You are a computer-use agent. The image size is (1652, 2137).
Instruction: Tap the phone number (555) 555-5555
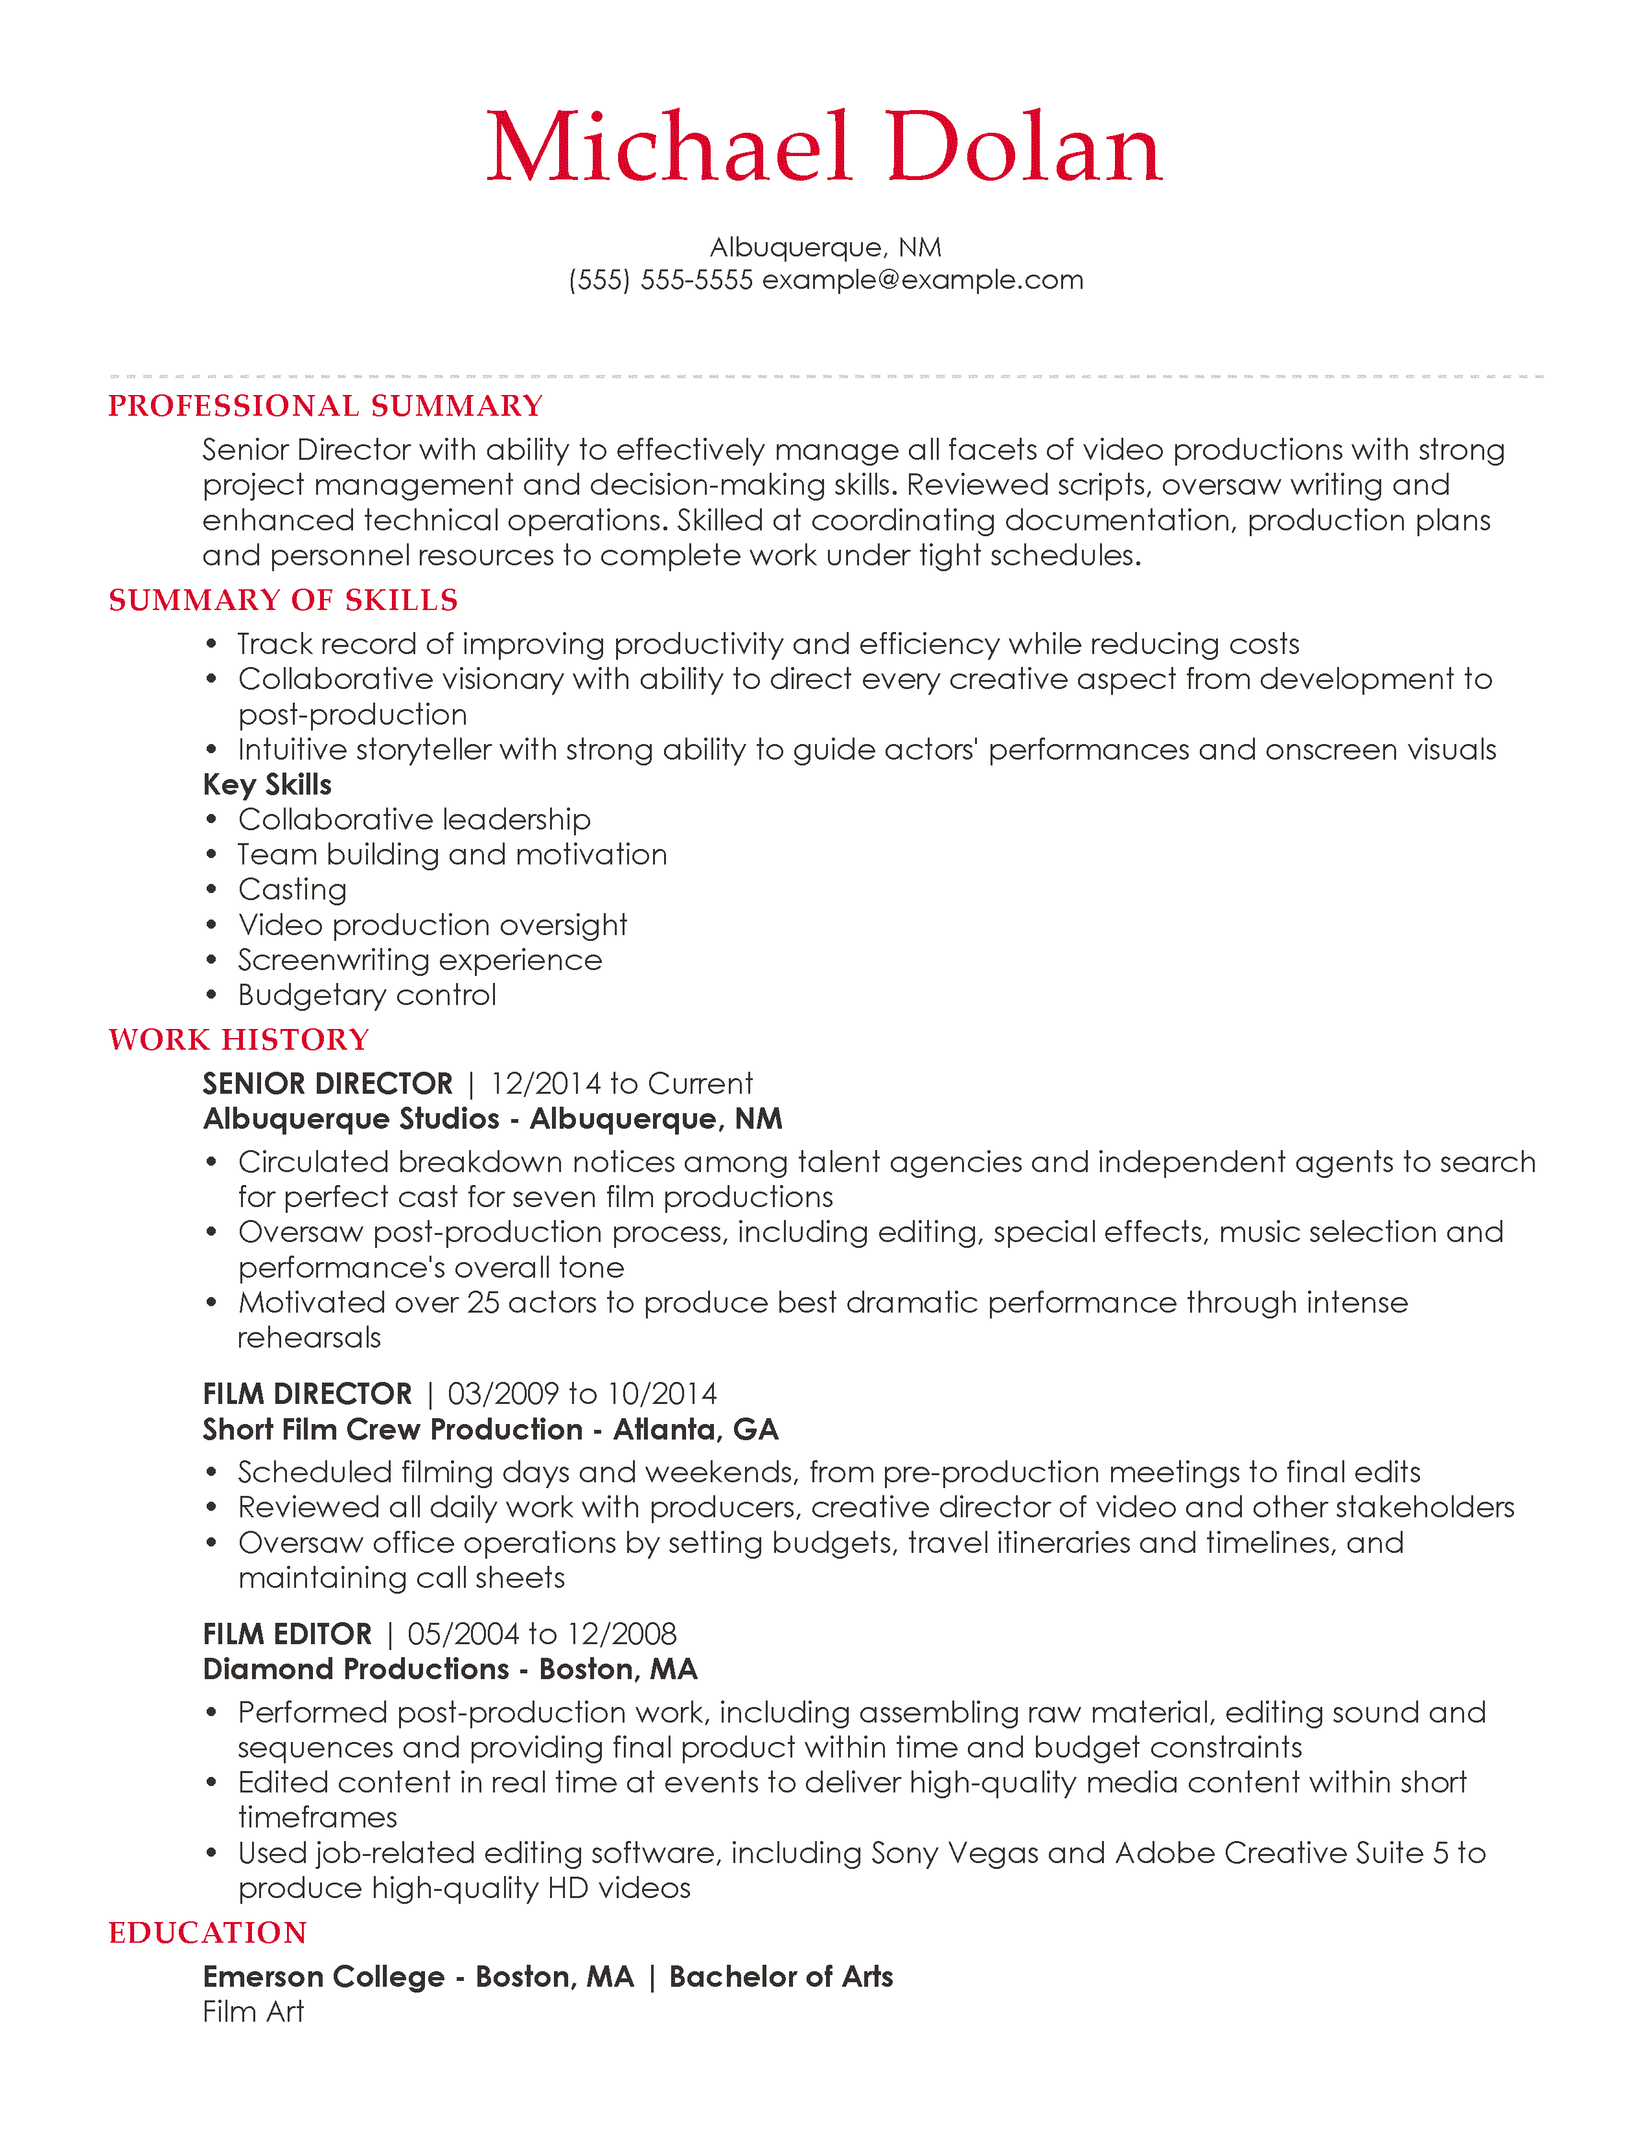(x=661, y=280)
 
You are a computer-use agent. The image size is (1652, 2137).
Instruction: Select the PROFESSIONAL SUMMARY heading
(x=325, y=406)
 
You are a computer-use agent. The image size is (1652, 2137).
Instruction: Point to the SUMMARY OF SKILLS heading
(x=283, y=600)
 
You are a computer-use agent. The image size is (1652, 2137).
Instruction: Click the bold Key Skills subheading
(x=266, y=785)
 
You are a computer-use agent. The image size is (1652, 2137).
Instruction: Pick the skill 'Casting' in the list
(x=292, y=889)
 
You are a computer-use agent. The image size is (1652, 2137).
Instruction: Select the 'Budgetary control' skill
(x=367, y=995)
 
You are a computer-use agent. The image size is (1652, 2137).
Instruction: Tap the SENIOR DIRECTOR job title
(x=328, y=1083)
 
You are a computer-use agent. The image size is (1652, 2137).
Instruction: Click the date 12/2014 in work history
(x=545, y=1083)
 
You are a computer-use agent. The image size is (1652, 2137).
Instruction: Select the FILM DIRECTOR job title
(x=307, y=1394)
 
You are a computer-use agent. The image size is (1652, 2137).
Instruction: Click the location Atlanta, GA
(x=696, y=1430)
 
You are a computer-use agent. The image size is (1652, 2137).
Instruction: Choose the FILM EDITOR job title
(x=287, y=1634)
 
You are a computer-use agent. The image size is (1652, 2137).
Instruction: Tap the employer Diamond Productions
(x=355, y=1669)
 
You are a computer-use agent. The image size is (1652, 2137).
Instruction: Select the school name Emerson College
(x=324, y=1976)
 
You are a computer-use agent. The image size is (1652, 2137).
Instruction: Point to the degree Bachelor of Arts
(x=781, y=1976)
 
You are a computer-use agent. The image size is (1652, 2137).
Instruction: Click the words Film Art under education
(x=253, y=2012)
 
